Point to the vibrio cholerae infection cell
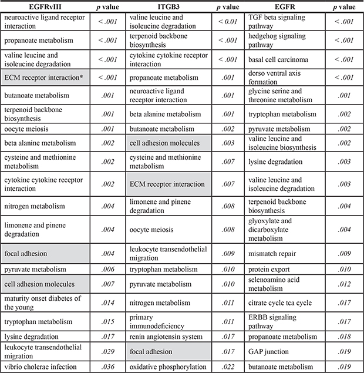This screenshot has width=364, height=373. pos(41,366)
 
